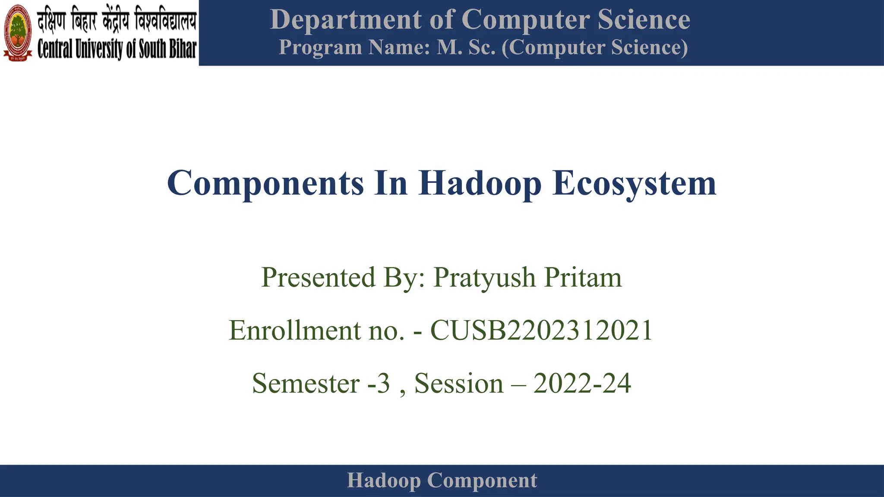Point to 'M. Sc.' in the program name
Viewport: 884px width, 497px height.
coord(466,47)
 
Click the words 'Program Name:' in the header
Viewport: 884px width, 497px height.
coord(354,47)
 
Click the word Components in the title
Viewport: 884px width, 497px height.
coord(265,183)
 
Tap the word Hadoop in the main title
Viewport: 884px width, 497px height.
coord(480,183)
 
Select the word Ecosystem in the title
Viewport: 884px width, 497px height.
coord(634,183)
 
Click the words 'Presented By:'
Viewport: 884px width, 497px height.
coord(343,277)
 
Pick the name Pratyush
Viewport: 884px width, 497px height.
coord(485,277)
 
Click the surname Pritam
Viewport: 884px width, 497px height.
coord(583,277)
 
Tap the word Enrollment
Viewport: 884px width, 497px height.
coord(295,331)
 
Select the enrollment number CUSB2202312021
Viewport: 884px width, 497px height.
coord(542,331)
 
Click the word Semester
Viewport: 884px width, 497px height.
coord(306,384)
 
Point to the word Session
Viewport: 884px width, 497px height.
coord(459,384)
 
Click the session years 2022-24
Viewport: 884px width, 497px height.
coord(582,384)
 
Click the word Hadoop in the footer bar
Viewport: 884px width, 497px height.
coord(384,481)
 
